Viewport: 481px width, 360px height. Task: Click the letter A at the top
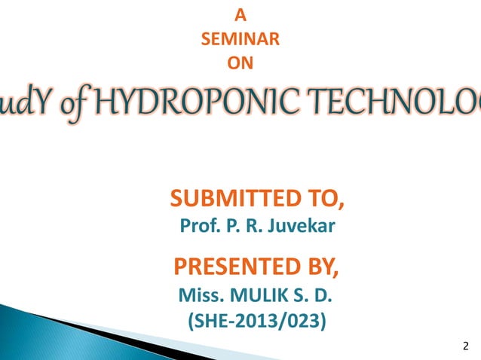240,13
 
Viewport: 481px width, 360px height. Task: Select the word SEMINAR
240,38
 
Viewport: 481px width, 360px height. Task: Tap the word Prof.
198,225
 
